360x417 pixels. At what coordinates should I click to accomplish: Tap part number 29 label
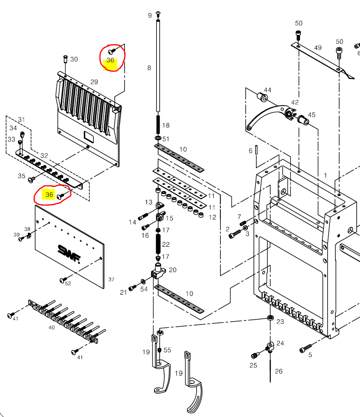(x=94, y=82)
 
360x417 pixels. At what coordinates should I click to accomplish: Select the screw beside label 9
(x=158, y=13)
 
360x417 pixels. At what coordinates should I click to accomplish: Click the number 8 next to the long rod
(x=149, y=68)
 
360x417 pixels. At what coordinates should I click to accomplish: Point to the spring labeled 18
(x=158, y=124)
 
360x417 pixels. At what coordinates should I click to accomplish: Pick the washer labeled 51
(x=158, y=138)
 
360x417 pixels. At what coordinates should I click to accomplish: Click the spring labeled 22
(x=158, y=244)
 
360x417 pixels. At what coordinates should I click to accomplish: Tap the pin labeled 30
(x=66, y=59)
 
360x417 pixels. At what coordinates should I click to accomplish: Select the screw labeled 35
(x=31, y=180)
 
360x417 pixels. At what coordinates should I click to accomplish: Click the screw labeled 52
(x=63, y=280)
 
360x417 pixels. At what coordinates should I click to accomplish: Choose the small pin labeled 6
(x=256, y=150)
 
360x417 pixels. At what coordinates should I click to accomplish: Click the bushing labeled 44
(x=262, y=97)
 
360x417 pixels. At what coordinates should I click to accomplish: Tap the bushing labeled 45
(x=303, y=119)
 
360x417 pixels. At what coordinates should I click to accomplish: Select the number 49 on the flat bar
(x=318, y=47)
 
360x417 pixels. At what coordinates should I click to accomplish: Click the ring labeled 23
(x=270, y=318)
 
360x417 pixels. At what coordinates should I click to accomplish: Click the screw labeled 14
(x=143, y=216)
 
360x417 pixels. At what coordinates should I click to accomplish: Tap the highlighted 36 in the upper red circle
(x=111, y=61)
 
